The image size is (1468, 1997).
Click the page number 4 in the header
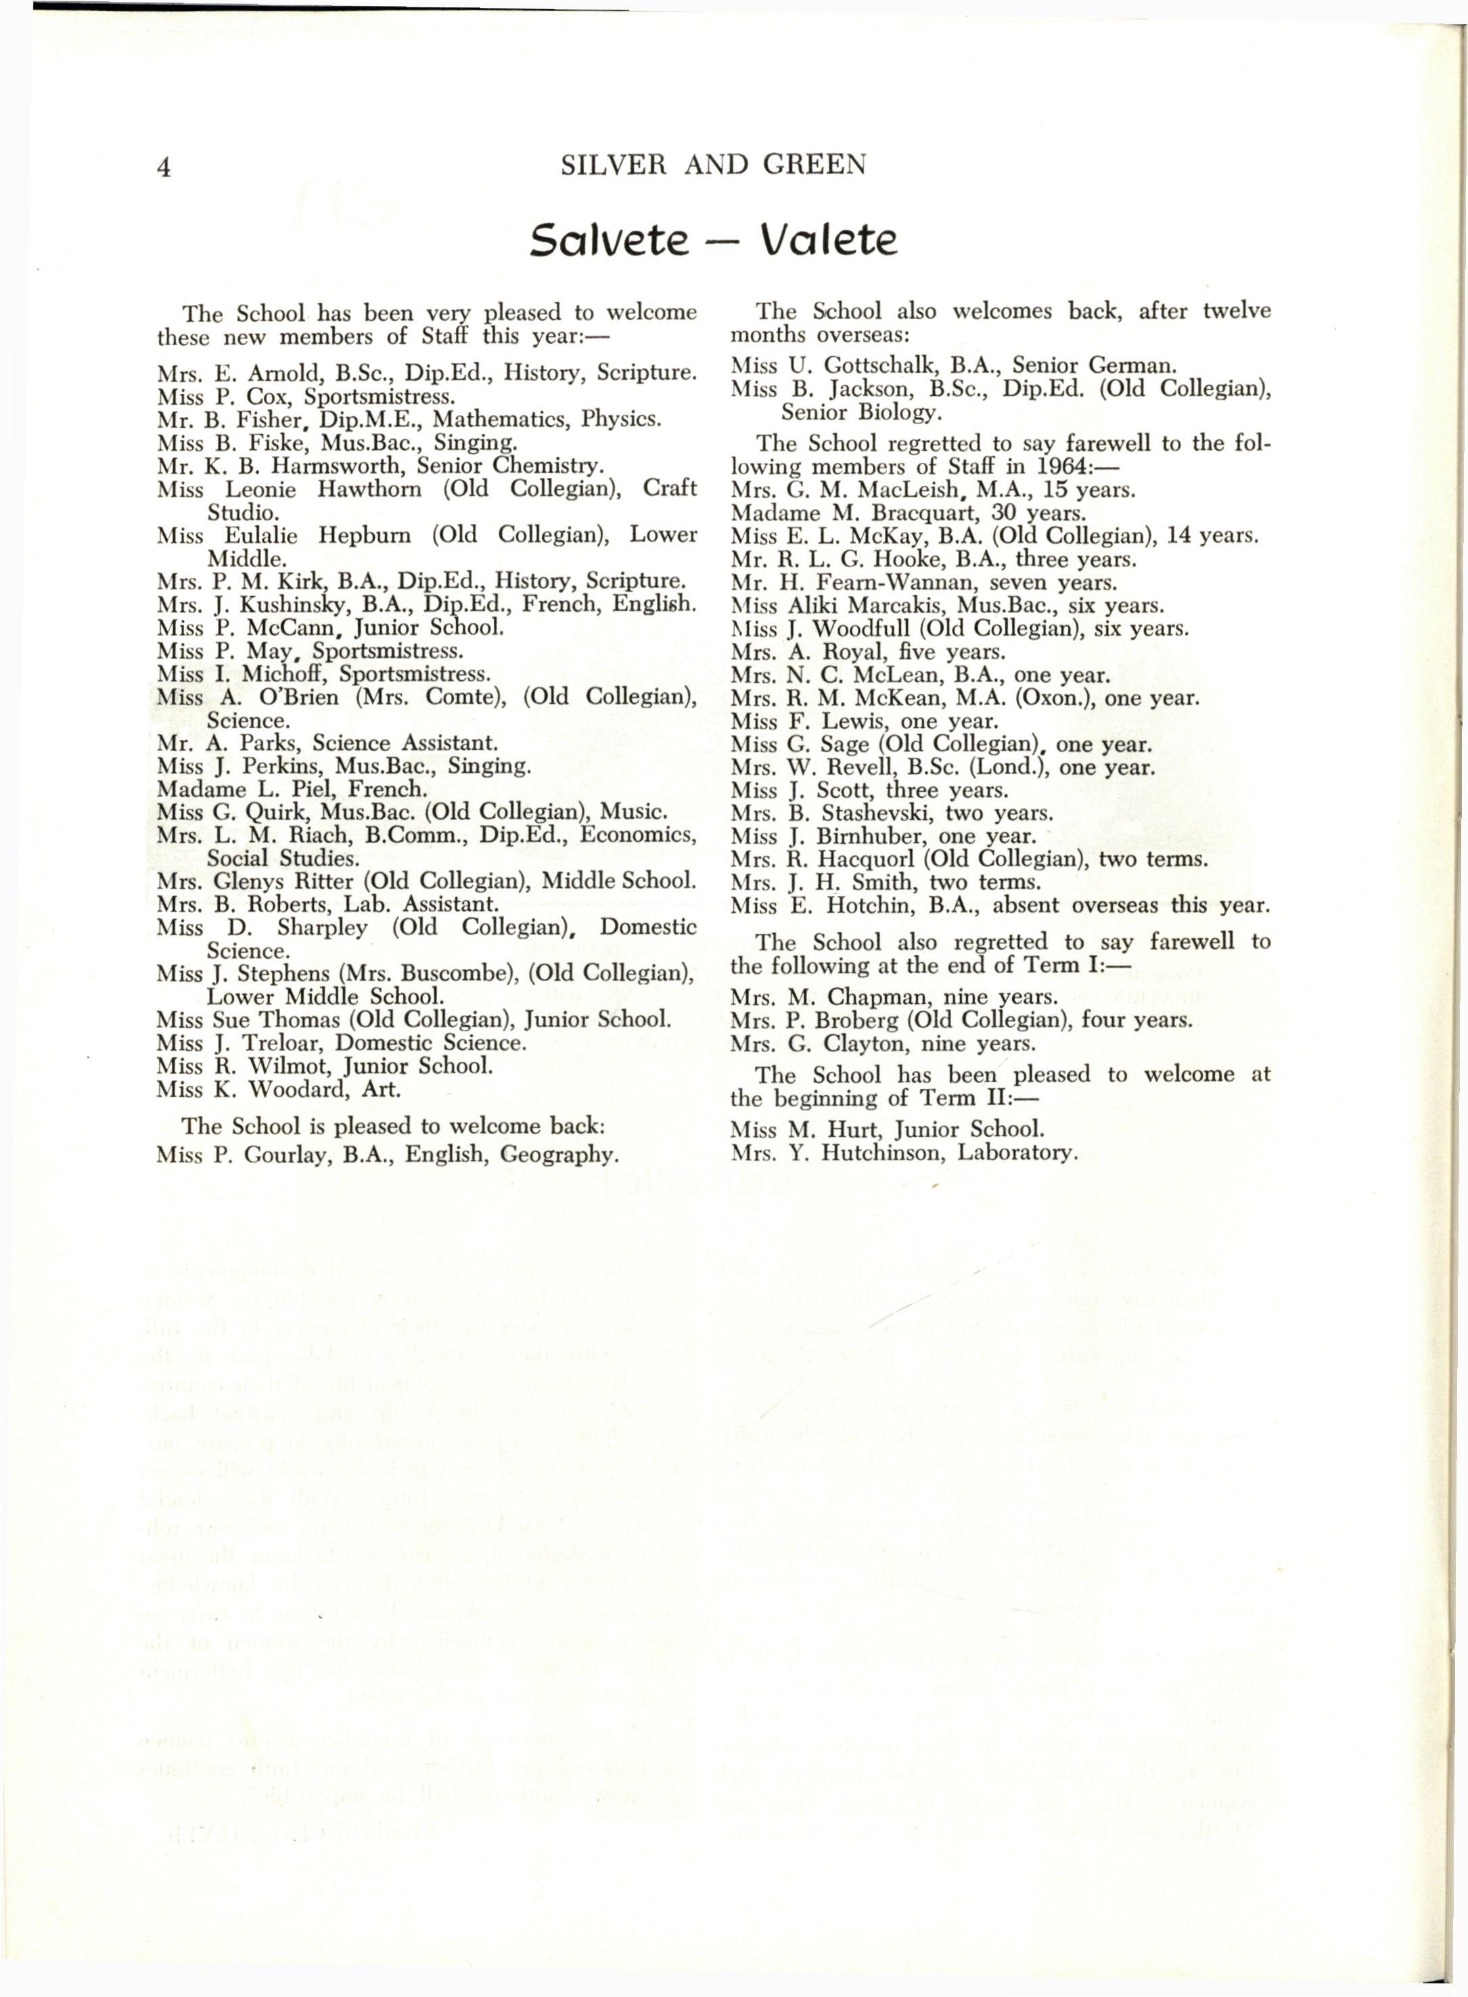162,167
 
